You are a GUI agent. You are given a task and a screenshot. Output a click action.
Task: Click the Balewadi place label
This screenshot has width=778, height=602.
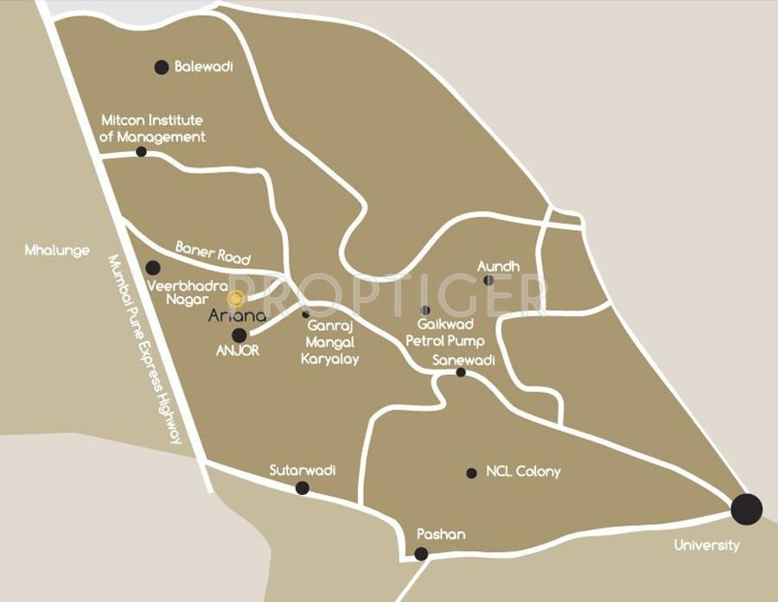click(x=204, y=67)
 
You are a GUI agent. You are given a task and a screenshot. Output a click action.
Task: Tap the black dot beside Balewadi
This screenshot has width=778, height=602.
click(x=161, y=67)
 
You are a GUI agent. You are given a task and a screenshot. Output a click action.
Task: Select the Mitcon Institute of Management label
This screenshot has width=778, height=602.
click(x=152, y=129)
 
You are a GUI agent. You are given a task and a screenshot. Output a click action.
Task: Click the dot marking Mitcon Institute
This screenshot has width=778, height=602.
click(x=141, y=152)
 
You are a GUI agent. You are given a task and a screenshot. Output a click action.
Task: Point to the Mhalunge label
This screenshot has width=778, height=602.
click(x=57, y=250)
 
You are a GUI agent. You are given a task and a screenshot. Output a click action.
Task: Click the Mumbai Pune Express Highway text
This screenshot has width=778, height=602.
click(x=145, y=349)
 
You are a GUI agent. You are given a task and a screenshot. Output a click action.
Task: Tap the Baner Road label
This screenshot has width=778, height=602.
click(x=213, y=252)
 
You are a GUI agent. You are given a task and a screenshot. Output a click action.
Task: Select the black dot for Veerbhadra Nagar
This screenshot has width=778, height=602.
click(x=153, y=268)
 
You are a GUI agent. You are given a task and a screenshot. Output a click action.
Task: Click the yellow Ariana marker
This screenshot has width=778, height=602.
click(x=235, y=298)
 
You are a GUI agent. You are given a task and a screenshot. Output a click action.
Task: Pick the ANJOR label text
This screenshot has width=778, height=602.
click(x=238, y=351)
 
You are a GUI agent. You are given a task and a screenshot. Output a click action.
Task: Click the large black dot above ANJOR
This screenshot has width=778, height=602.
click(x=239, y=335)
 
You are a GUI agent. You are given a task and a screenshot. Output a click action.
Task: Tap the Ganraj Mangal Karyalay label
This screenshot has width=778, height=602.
click(x=329, y=342)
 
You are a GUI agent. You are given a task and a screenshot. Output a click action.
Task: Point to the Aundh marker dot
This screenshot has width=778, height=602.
click(x=488, y=280)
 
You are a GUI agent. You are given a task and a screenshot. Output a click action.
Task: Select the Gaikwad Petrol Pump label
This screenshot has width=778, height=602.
click(x=445, y=332)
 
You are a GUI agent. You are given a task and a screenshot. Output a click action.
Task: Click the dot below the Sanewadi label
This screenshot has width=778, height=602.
click(x=461, y=372)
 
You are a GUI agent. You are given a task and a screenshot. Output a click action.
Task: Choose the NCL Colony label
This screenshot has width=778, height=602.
click(x=523, y=472)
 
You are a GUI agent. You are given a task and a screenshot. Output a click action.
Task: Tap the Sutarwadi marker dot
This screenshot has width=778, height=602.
click(x=302, y=488)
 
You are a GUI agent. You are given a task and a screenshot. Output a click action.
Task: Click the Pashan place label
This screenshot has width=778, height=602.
click(x=441, y=535)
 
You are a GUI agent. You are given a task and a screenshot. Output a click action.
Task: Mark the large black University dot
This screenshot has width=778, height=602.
click(x=746, y=509)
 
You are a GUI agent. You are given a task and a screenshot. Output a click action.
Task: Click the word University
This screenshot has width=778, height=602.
click(x=707, y=545)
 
